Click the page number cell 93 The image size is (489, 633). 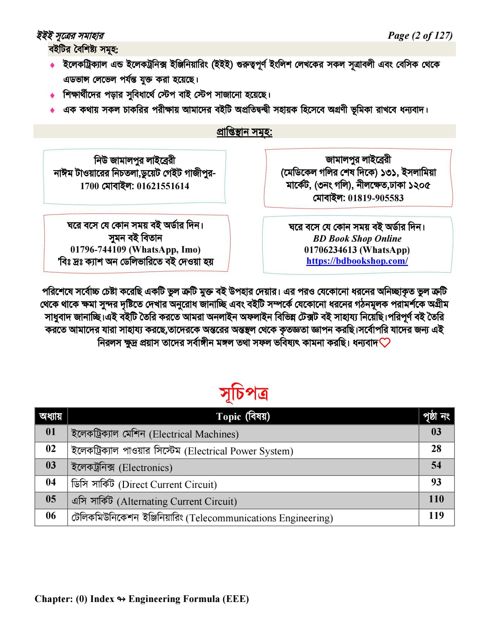pyautogui.click(x=436, y=482)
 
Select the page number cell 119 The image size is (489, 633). pyautogui.click(x=436, y=516)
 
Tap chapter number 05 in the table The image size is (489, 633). pyautogui.click(x=51, y=499)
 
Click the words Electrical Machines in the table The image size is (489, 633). pyautogui.click(x=194, y=434)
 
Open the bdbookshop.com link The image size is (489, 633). pyautogui.click(x=357, y=261)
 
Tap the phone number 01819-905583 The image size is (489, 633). pyautogui.click(x=376, y=198)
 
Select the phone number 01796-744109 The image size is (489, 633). pyautogui.click(x=98, y=250)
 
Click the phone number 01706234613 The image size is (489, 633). pyautogui.click(x=330, y=250)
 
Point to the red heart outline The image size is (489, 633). pyautogui.click(x=385, y=343)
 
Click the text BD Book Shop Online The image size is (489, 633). pyautogui.click(x=357, y=239)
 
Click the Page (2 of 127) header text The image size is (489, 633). pyautogui.click(x=420, y=36)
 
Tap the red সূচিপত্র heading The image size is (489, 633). pyautogui.click(x=244, y=393)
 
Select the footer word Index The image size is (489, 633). pyautogui.click(x=102, y=599)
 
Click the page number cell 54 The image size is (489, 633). pyautogui.click(x=436, y=465)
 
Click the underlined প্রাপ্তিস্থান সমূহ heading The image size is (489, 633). pyautogui.click(x=244, y=132)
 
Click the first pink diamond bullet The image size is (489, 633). pyautogui.click(x=52, y=65)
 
